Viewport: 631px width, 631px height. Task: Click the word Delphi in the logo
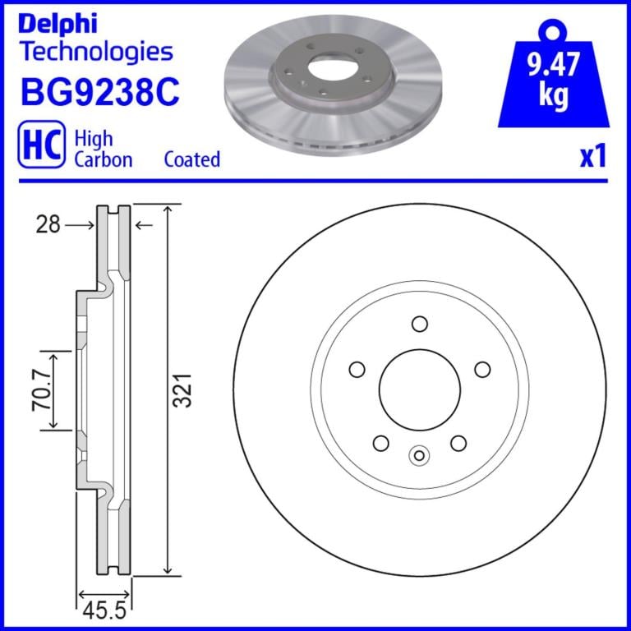coord(58,24)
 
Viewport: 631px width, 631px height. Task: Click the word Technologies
coord(97,53)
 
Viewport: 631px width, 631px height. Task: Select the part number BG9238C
coord(99,93)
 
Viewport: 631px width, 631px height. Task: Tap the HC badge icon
coord(41,145)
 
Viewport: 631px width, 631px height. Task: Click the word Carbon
coord(104,159)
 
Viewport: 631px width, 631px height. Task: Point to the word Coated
coord(192,159)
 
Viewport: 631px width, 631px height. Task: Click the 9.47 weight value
coord(553,64)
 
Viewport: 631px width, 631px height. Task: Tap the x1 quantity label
coord(593,157)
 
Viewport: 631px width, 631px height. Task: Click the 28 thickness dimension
coord(48,224)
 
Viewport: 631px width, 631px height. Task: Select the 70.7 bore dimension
coord(41,391)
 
